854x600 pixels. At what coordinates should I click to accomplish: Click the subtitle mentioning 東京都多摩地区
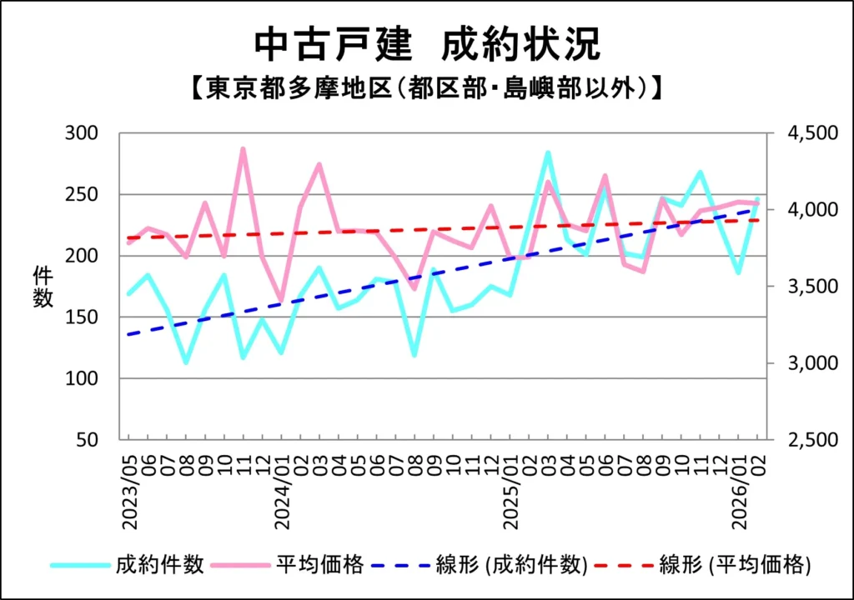click(427, 87)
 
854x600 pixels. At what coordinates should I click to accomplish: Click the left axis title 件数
click(43, 287)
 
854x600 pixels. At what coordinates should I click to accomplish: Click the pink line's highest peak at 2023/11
click(243, 149)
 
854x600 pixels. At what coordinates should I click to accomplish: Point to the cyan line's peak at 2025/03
click(547, 152)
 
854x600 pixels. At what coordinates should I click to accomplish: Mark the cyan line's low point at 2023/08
click(186, 362)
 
